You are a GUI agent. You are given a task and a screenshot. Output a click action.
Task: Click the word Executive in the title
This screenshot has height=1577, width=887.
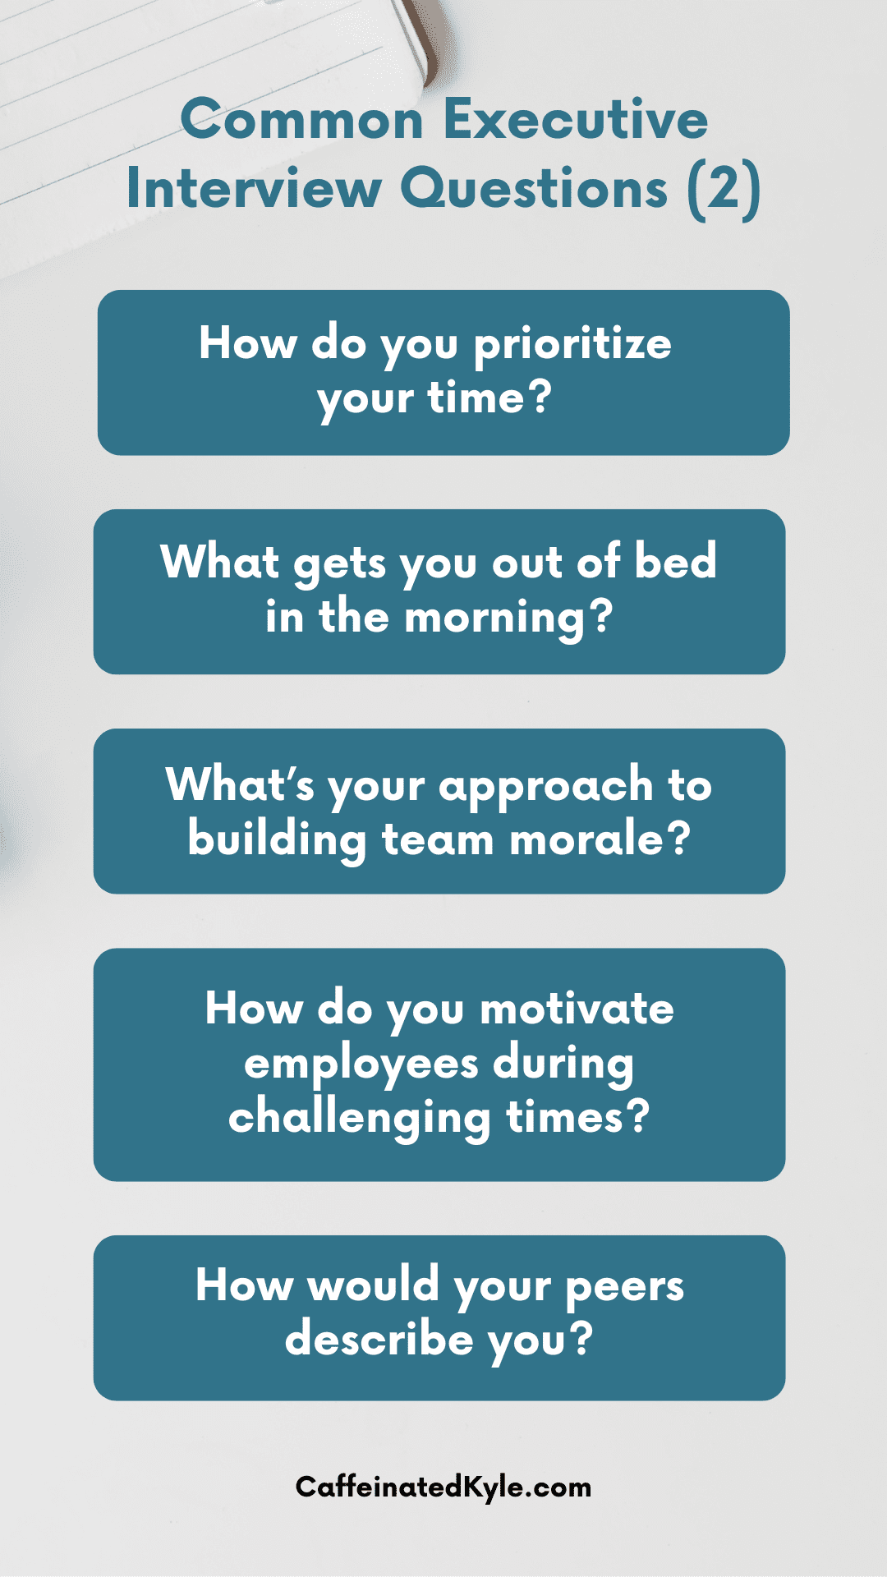click(575, 119)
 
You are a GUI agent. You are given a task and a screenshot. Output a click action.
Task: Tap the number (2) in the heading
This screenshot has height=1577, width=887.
click(724, 190)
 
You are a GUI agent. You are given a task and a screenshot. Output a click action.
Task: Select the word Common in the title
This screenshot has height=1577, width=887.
click(301, 120)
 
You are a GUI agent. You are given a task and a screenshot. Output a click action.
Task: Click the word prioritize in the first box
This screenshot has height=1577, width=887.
click(572, 346)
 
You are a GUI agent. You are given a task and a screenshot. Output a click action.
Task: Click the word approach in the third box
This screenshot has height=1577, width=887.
click(546, 787)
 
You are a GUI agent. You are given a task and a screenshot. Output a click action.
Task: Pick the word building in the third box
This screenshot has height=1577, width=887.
click(277, 841)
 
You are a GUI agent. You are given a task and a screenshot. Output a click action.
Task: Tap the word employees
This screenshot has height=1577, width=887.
click(361, 1065)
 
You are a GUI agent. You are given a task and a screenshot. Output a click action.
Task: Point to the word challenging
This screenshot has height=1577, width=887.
click(360, 1120)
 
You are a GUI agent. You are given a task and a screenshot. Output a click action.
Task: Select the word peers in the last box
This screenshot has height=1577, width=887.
click(625, 1287)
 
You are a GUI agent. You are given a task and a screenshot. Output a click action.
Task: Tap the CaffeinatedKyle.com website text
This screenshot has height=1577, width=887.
click(443, 1487)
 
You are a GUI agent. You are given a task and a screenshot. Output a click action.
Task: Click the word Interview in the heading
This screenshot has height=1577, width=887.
click(254, 189)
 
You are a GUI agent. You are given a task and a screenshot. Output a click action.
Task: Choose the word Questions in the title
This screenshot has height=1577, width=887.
click(535, 189)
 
